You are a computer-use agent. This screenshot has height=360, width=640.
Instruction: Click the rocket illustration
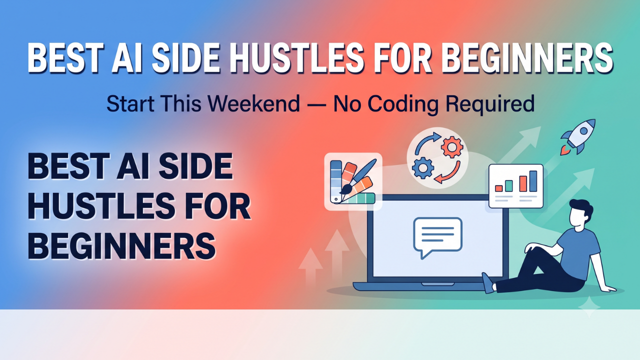pyautogui.click(x=579, y=136)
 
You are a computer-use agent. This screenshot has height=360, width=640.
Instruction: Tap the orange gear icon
pyautogui.click(x=452, y=147)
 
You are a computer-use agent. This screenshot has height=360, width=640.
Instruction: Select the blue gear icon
pyautogui.click(x=423, y=167)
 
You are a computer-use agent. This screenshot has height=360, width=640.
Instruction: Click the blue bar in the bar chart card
pyautogui.click(x=533, y=181)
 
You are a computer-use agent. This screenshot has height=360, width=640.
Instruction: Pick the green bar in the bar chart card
pyautogui.click(x=509, y=185)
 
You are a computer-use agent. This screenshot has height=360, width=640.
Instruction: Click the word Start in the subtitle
pyautogui.click(x=130, y=103)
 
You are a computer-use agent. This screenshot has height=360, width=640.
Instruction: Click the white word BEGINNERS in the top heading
pyautogui.click(x=528, y=58)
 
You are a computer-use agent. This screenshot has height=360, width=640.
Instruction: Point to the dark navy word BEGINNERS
pyautogui.click(x=121, y=245)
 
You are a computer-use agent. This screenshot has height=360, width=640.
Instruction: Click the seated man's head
pyautogui.click(x=580, y=213)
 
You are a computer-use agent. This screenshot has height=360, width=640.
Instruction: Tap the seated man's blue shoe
pyautogui.click(x=487, y=283)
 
